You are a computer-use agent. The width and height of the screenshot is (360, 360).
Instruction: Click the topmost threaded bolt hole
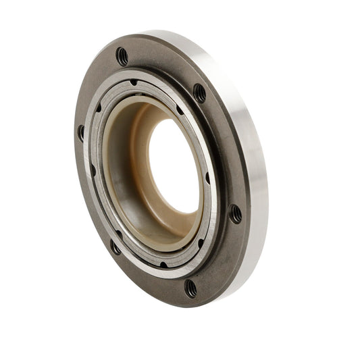point(122,56)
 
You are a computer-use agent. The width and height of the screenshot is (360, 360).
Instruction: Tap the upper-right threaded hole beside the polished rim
point(199,92)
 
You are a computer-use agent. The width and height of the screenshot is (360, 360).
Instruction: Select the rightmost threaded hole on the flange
point(235,213)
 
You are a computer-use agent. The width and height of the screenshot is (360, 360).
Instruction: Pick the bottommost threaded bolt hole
point(191,288)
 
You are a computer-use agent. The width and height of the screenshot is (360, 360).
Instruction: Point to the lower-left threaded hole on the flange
point(115,247)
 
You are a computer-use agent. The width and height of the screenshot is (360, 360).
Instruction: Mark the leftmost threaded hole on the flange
point(82,132)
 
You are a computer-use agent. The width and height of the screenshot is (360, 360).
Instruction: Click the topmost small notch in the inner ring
point(134,82)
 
